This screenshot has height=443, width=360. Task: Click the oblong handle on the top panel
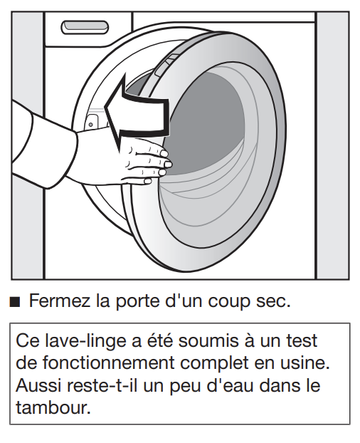[85, 27]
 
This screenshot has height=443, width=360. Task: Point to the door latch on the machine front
[91, 123]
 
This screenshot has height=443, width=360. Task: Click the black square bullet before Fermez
[15, 302]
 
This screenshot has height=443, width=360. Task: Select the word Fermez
[60, 301]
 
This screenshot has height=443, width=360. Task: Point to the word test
[302, 341]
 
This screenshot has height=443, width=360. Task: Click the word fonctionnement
[109, 363]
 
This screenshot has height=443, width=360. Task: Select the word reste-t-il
[102, 385]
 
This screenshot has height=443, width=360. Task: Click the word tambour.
[53, 407]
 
